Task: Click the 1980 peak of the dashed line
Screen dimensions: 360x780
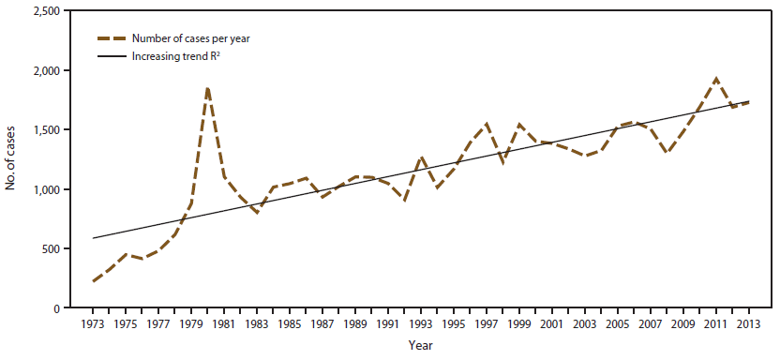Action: click(x=207, y=87)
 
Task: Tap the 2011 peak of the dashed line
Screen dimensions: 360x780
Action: click(x=716, y=79)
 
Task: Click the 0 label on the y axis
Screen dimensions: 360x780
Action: click(x=56, y=308)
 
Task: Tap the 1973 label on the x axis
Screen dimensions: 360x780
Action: click(x=93, y=325)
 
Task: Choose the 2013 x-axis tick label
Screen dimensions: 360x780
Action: click(x=749, y=325)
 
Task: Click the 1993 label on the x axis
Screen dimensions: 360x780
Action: click(x=421, y=325)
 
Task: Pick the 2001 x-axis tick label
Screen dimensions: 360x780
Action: click(x=552, y=325)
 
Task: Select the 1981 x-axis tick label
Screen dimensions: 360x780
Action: click(x=224, y=325)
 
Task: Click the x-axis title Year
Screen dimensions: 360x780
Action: click(x=421, y=347)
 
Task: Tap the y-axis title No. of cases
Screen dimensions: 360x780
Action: click(x=11, y=159)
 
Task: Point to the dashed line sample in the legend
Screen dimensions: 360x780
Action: click(x=115, y=38)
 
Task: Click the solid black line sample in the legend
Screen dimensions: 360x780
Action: click(x=115, y=57)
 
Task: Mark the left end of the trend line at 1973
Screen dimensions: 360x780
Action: click(x=94, y=238)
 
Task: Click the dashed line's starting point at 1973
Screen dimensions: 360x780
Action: click(x=94, y=281)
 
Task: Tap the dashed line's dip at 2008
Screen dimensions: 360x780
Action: click(x=667, y=152)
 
